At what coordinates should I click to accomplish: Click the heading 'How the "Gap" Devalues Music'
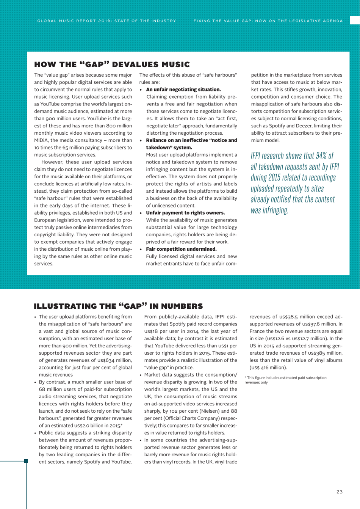pos(112,64)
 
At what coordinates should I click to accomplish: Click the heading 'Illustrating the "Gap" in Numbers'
pos(118,306)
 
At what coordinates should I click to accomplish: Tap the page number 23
pos(339,492)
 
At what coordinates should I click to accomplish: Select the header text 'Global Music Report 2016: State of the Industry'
pos(106,20)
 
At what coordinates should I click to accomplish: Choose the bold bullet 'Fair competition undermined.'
pos(181,249)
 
